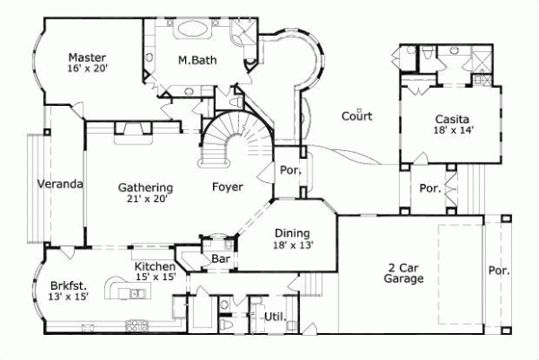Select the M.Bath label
(194, 61)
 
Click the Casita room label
(451, 118)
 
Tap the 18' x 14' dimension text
(451, 130)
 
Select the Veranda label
(60, 184)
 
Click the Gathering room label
(146, 188)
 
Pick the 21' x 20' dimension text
(146, 199)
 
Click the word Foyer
(225, 188)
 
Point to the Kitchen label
(155, 267)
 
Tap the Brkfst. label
(68, 285)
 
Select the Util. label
(274, 316)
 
